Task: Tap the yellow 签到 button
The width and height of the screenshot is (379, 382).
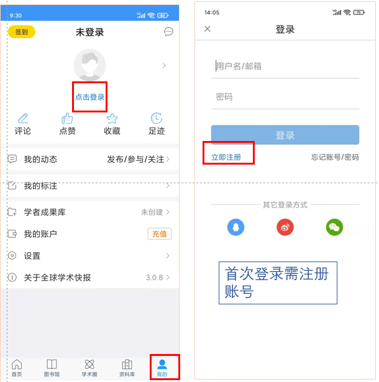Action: (x=22, y=32)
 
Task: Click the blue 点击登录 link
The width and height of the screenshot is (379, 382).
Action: (x=89, y=97)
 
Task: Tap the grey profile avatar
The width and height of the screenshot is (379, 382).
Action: (x=89, y=65)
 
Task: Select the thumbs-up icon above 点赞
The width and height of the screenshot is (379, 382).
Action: (x=67, y=119)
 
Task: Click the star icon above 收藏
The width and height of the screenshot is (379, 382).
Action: (x=112, y=119)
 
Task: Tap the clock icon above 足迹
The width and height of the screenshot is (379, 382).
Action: (x=157, y=118)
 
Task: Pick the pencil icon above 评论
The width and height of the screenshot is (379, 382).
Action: (x=23, y=119)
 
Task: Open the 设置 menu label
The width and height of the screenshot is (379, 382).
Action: (x=32, y=256)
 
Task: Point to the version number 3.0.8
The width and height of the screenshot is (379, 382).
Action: (x=154, y=277)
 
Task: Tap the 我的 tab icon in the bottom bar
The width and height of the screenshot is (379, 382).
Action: (x=162, y=365)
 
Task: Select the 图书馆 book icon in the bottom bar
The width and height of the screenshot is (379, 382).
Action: (x=52, y=365)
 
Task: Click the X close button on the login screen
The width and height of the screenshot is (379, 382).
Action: (x=208, y=29)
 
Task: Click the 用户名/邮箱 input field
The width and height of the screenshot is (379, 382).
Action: (x=285, y=66)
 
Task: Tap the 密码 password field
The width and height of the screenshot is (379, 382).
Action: (x=285, y=97)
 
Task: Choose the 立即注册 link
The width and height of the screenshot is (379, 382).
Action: (x=226, y=157)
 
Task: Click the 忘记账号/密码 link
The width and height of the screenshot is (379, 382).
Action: (x=335, y=157)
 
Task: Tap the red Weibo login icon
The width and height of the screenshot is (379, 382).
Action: (x=285, y=227)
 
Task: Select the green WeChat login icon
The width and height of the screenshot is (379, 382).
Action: (x=334, y=227)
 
